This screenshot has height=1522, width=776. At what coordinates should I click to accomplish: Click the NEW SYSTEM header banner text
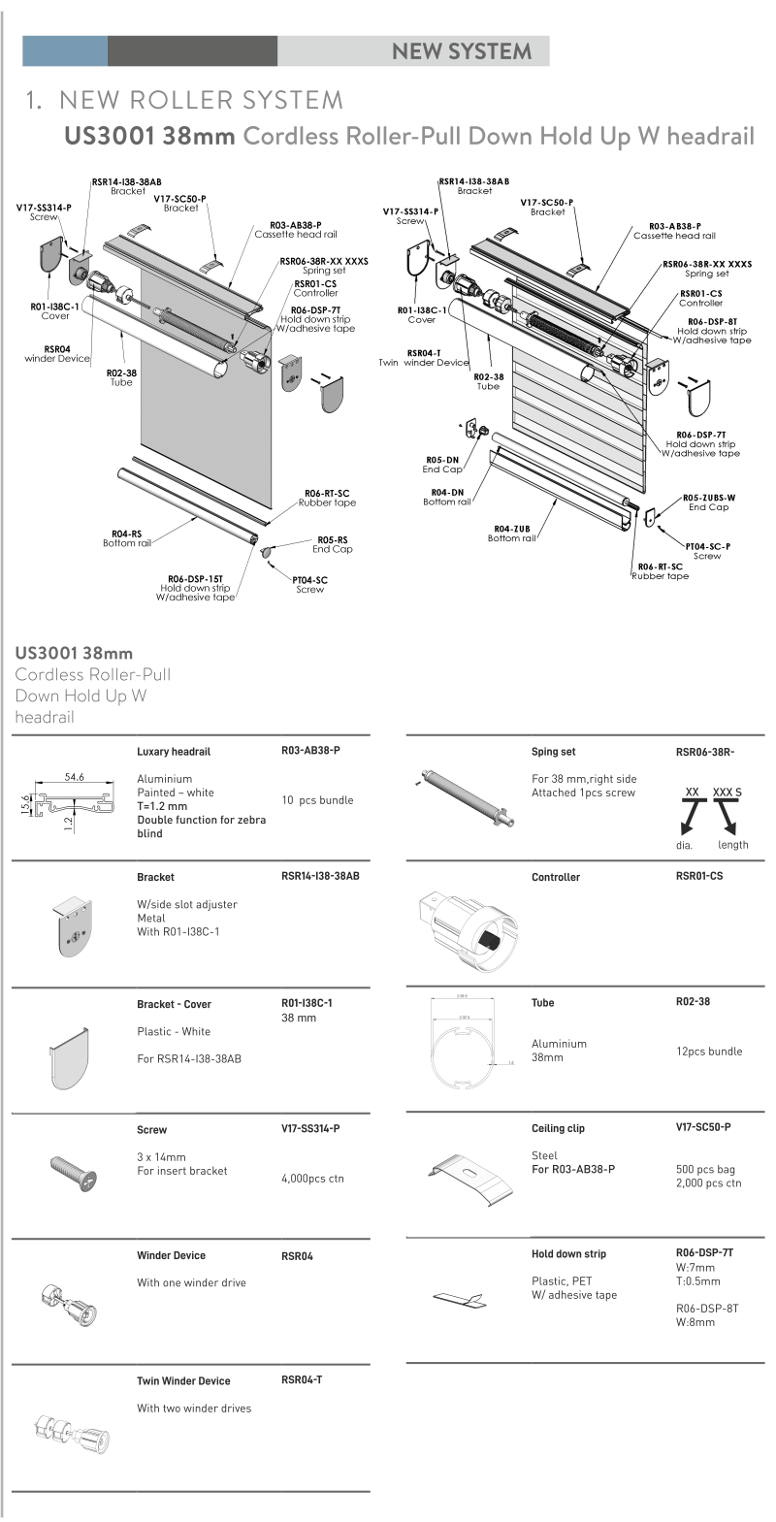461,51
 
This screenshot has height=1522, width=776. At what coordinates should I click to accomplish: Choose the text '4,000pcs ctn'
312,1179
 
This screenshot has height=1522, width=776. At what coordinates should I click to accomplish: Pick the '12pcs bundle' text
709,1052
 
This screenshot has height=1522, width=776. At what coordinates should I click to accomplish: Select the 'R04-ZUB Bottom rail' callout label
511,534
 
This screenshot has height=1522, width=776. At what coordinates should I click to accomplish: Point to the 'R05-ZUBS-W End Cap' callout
708,502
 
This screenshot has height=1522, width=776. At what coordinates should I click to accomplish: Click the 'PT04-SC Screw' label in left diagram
309,584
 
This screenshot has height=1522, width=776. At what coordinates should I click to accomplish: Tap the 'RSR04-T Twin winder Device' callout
424,358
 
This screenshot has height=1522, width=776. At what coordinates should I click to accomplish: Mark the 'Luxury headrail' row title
174,752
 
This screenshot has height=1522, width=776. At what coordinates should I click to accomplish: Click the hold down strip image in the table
466,1298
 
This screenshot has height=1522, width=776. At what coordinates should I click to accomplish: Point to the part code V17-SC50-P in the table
703,1127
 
